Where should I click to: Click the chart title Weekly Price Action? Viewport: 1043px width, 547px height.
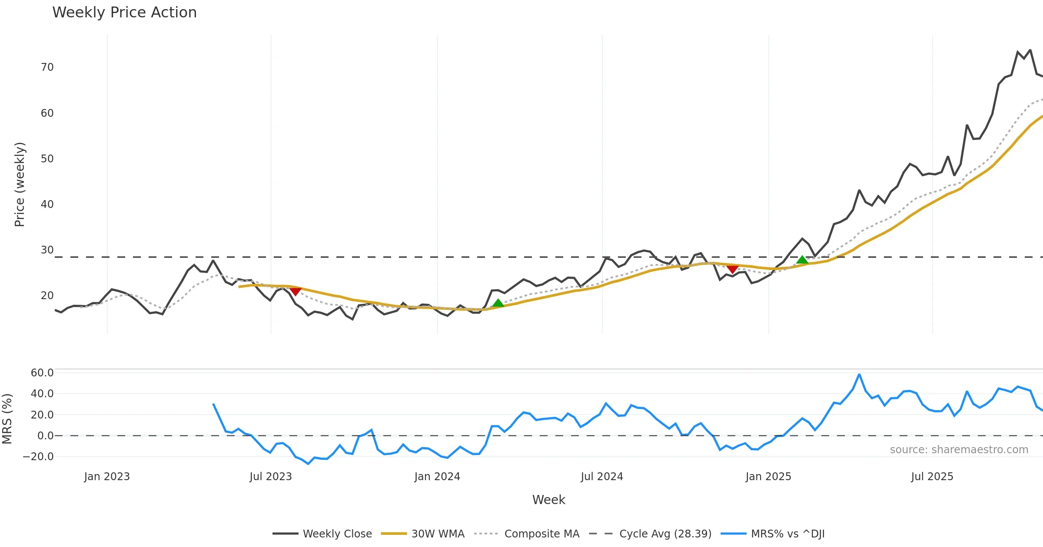click(x=124, y=13)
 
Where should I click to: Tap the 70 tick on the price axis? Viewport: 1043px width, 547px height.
click(x=47, y=67)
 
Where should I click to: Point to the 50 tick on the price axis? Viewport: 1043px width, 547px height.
click(x=47, y=159)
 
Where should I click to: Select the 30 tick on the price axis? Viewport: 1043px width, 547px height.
click(x=47, y=250)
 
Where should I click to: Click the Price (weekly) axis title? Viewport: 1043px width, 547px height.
click(x=20, y=185)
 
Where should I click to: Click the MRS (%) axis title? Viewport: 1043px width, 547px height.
click(x=7, y=419)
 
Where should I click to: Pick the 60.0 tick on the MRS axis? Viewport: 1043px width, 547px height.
click(x=42, y=373)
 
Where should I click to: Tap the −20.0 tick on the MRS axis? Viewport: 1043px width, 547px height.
click(x=38, y=457)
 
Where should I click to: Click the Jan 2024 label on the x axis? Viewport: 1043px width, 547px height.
click(x=437, y=477)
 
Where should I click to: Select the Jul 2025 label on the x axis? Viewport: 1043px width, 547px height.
click(x=932, y=477)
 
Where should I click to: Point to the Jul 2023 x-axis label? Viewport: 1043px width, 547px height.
click(x=271, y=477)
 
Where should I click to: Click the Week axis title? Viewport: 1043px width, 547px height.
click(x=548, y=500)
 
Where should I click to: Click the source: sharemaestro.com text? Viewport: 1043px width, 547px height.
click(x=959, y=450)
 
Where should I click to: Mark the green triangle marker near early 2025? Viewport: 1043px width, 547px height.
click(x=802, y=260)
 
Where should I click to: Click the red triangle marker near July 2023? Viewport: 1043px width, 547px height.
click(x=296, y=291)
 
